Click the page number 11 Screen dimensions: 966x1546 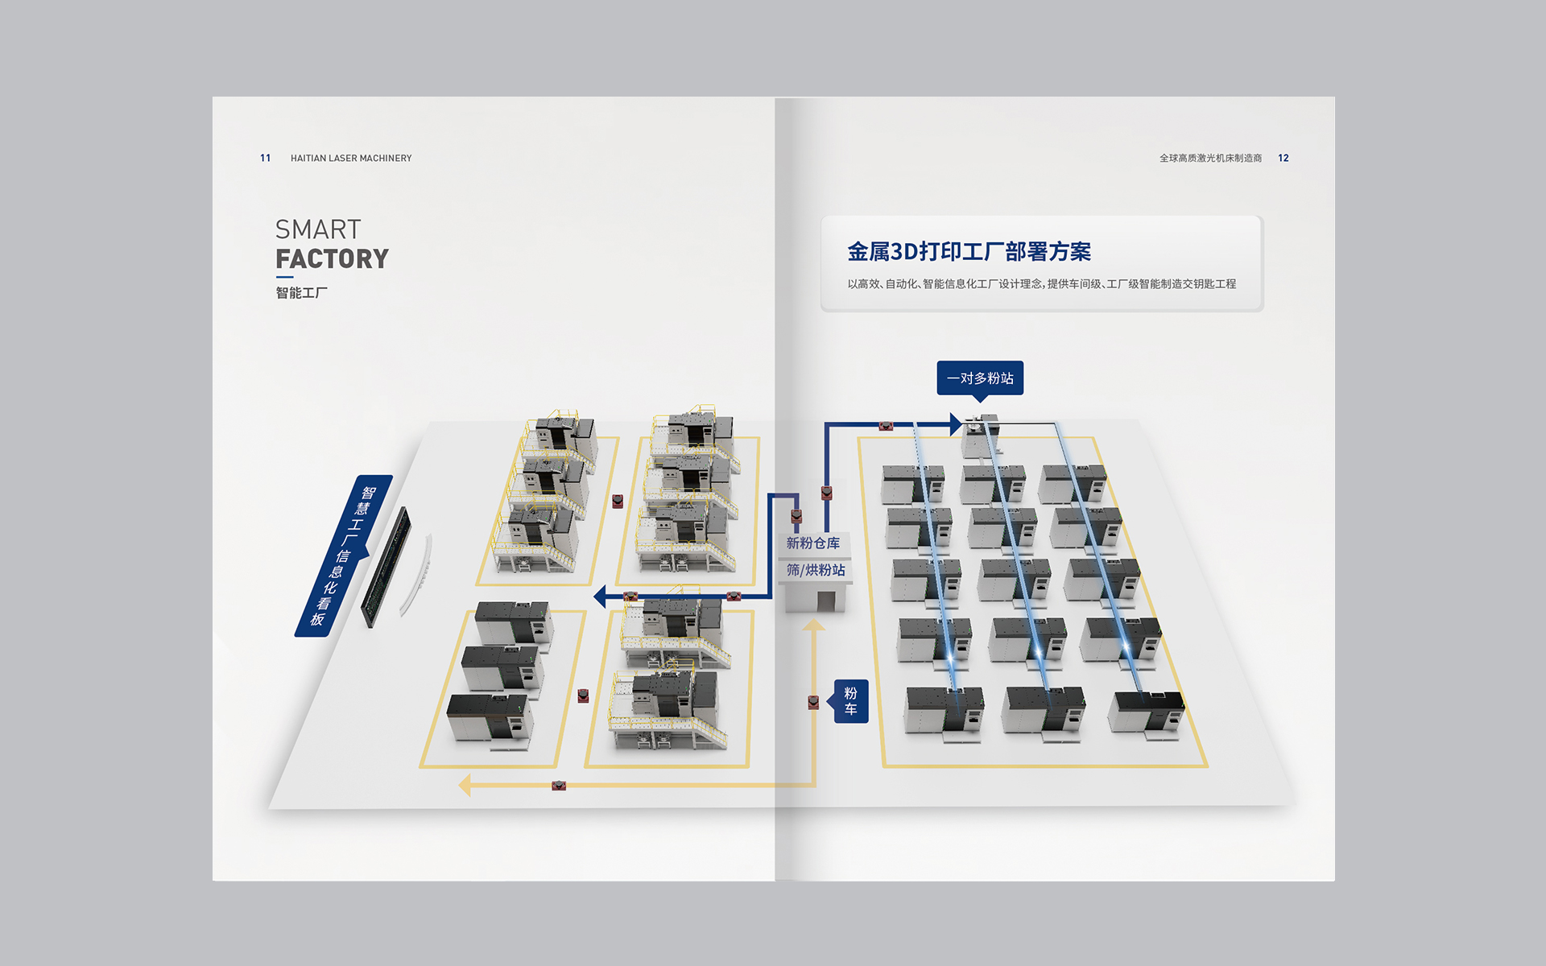(x=265, y=159)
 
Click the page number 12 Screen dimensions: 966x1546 (x=1283, y=159)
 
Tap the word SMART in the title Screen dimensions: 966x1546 (x=318, y=229)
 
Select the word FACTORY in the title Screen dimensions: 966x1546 (x=332, y=259)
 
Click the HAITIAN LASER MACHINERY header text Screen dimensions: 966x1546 (x=351, y=159)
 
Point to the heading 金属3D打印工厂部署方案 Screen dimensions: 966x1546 (x=969, y=252)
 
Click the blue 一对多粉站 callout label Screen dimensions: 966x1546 (x=980, y=378)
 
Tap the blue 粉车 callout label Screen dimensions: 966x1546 (x=850, y=701)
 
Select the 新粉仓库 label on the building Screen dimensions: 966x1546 (x=813, y=543)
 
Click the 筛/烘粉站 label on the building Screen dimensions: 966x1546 (x=816, y=570)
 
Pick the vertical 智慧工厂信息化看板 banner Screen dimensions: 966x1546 (x=343, y=555)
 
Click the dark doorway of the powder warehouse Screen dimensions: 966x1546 (x=825, y=601)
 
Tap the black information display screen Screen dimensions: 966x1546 (x=386, y=567)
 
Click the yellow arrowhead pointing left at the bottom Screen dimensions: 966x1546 (x=465, y=785)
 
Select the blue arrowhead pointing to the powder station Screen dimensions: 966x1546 (x=955, y=423)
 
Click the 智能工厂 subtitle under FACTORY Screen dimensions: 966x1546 (x=301, y=293)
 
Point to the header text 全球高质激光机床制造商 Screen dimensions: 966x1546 (x=1210, y=159)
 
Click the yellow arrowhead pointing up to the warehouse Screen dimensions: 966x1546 (x=814, y=625)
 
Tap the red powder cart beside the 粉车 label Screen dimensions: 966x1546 (x=813, y=703)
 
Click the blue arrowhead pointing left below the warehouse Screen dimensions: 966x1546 (x=599, y=597)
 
